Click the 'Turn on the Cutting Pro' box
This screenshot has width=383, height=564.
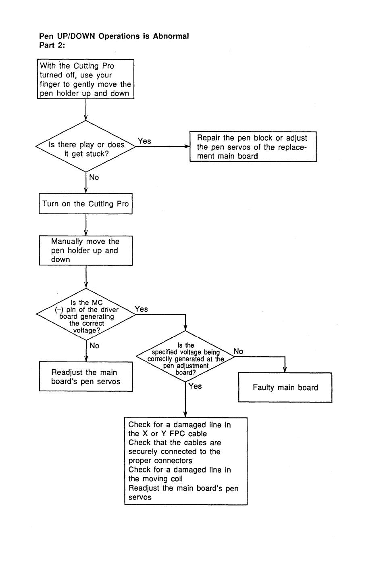pyautogui.click(x=85, y=204)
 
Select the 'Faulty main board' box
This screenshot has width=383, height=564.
pyautogui.click(x=285, y=387)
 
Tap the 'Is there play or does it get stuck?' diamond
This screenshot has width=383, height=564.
pyautogui.click(x=86, y=146)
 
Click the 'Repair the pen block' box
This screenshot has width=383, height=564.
pyautogui.click(x=253, y=146)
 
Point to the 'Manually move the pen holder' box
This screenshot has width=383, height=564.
pyautogui.click(x=86, y=251)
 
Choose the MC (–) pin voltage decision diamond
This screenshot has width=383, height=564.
pyautogui.click(x=86, y=314)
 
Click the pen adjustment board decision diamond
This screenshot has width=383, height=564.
pyautogui.click(x=185, y=357)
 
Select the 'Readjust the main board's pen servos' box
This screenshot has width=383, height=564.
pyautogui.click(x=86, y=377)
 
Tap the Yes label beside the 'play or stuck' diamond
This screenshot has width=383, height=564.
pyautogui.click(x=144, y=141)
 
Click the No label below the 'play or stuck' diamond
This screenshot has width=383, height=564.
pyautogui.click(x=94, y=177)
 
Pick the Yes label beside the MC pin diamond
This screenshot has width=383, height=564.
pyautogui.click(x=141, y=309)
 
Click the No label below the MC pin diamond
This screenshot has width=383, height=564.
pyautogui.click(x=94, y=345)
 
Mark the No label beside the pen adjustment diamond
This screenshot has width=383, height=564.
pyautogui.click(x=238, y=351)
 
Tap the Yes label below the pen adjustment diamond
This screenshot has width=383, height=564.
pyautogui.click(x=195, y=386)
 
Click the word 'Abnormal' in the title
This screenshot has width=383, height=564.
pyautogui.click(x=171, y=36)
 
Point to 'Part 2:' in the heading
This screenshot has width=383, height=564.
pyautogui.click(x=52, y=45)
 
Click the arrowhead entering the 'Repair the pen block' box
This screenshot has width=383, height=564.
pyautogui.click(x=187, y=146)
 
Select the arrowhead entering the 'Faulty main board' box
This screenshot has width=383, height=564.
pyautogui.click(x=285, y=370)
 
